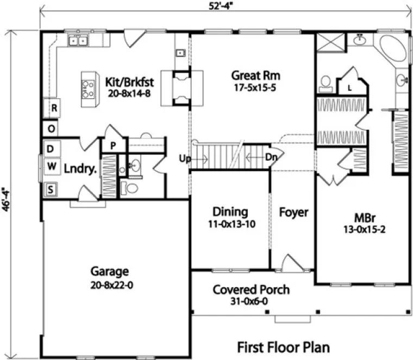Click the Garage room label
[110, 271]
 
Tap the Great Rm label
[251, 75]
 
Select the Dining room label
[230, 212]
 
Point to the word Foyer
[293, 212]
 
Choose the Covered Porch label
[251, 289]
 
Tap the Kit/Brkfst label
[130, 83]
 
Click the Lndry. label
[80, 168]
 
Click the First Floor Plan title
[284, 346]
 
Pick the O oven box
[52, 129]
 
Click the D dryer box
[51, 148]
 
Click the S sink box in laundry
[51, 190]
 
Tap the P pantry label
[114, 146]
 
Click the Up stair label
[185, 159]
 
